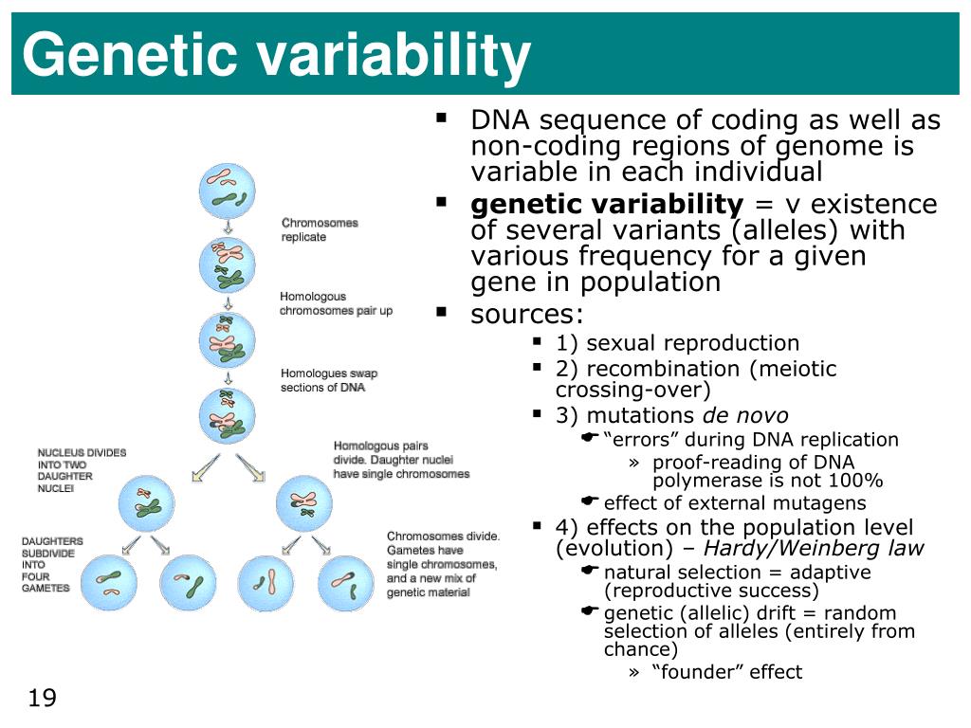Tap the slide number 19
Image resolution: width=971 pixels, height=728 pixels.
coord(43,699)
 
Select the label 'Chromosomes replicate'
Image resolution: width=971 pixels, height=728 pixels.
coord(320,230)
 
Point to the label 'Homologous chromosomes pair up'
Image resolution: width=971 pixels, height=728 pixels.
coord(336,304)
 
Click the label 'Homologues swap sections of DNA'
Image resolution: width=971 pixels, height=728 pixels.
coord(329,380)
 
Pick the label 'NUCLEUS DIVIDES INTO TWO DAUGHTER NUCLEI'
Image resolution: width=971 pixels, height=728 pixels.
coord(82,470)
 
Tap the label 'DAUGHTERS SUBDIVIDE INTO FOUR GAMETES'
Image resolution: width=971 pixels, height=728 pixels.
coord(52,565)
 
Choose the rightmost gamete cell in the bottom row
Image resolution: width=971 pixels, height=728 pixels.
coord(348,583)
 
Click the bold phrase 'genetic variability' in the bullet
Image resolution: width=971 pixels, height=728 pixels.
coord(607,205)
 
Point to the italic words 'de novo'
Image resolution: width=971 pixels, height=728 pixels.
coord(744,415)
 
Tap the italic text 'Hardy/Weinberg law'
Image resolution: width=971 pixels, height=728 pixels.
coord(813,548)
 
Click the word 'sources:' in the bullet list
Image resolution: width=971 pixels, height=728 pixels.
coord(527,315)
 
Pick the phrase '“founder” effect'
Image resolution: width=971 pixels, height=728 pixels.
coord(726,672)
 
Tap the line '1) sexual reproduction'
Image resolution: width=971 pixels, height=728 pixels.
coord(677,343)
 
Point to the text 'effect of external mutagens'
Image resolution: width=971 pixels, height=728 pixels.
coord(735,503)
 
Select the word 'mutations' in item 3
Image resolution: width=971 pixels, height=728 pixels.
coord(640,415)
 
